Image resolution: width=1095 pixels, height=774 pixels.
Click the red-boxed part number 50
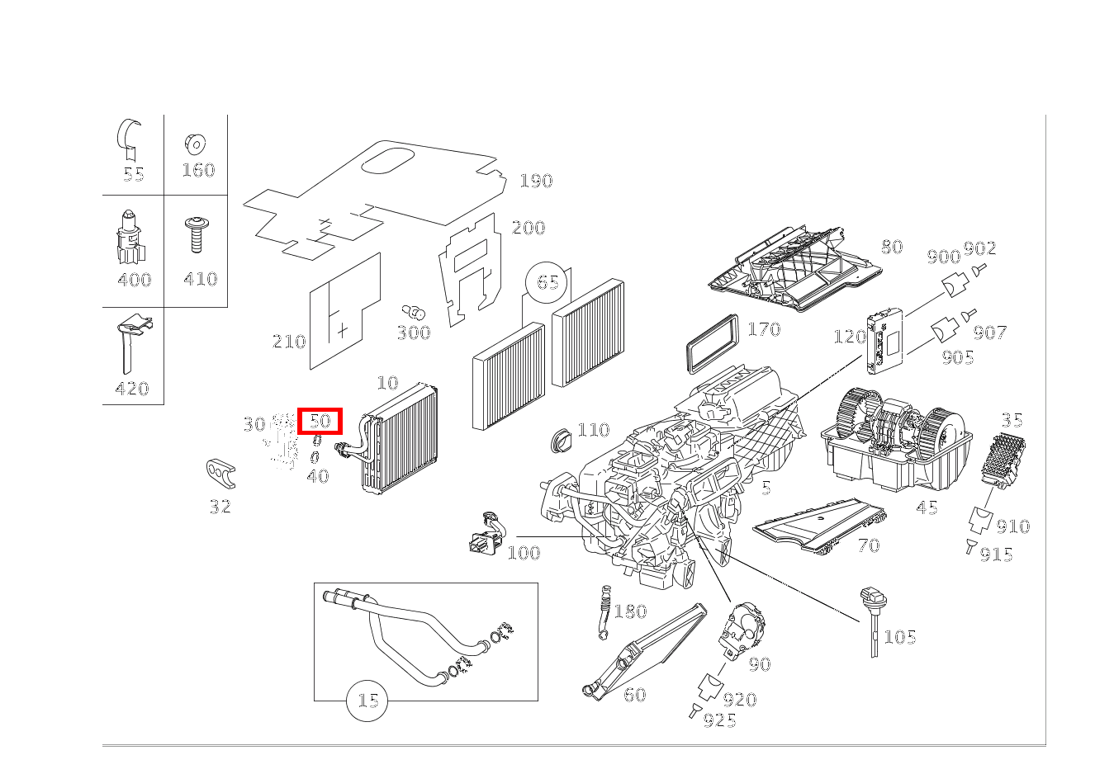[320, 421]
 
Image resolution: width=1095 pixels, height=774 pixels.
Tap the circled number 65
[547, 283]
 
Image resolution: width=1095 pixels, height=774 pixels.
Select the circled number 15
[367, 701]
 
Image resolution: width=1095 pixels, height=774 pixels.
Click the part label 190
[536, 181]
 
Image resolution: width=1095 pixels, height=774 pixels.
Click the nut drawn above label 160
[196, 144]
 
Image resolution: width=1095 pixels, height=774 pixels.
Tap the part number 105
[900, 637]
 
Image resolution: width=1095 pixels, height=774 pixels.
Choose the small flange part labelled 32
[220, 474]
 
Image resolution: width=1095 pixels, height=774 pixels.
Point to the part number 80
[891, 247]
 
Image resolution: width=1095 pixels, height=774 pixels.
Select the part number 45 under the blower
[927, 507]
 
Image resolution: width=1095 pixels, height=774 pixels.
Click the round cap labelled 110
[562, 438]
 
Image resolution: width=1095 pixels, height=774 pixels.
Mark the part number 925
[719, 720]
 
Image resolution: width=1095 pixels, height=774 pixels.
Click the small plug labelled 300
[414, 313]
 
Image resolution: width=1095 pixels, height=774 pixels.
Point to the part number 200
[529, 228]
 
